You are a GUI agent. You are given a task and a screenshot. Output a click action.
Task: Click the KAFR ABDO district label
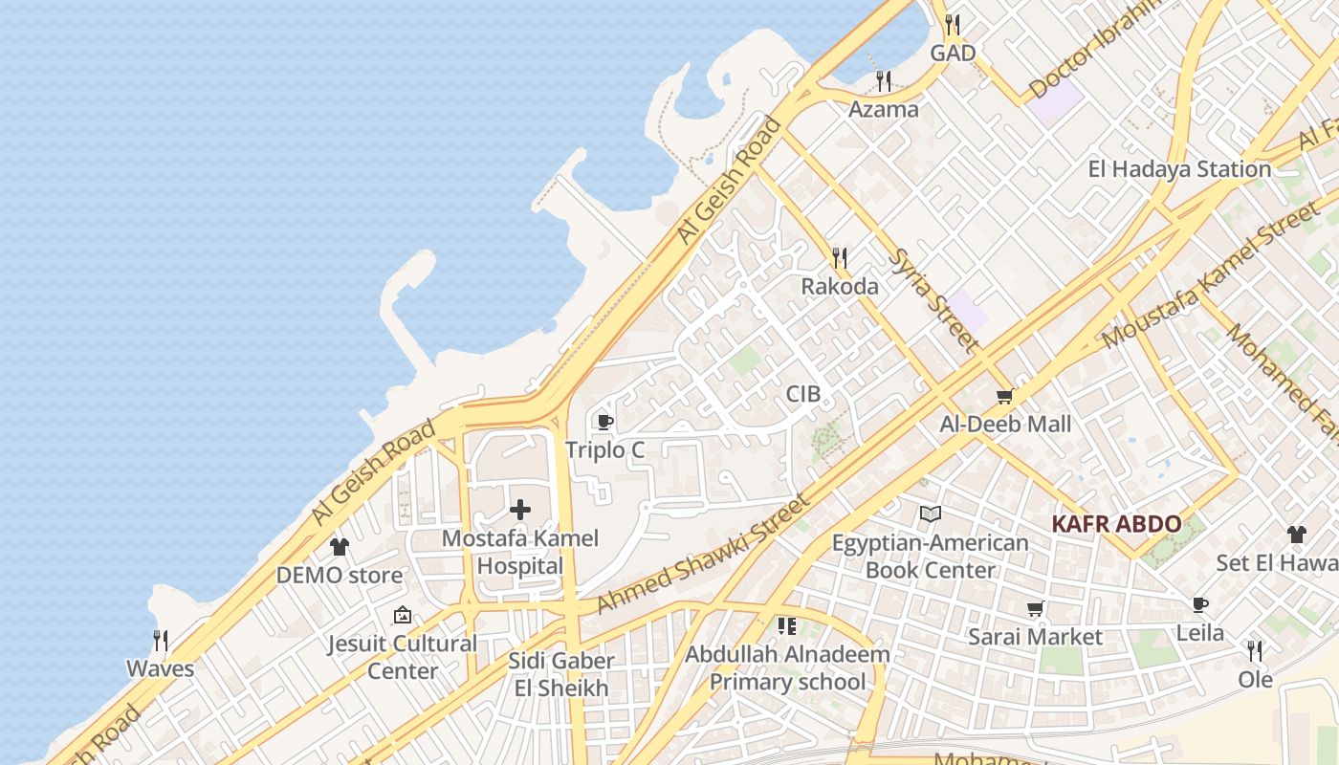point(1116,524)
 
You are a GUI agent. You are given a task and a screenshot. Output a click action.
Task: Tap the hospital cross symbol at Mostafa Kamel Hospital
point(520,510)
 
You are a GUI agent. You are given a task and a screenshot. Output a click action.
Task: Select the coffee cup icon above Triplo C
point(604,422)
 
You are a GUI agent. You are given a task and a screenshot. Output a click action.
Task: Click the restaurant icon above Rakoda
point(840,257)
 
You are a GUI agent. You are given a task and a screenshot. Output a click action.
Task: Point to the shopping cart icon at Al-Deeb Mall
point(1004,396)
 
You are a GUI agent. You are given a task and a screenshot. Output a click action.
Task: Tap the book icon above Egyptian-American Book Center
point(931,514)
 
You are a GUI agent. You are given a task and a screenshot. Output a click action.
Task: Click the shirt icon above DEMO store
point(340,547)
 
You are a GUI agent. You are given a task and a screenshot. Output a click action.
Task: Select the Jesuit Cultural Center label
point(403,657)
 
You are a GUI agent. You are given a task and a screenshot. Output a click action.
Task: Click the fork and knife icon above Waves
point(161,640)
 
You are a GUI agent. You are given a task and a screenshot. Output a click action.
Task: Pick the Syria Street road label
point(933,299)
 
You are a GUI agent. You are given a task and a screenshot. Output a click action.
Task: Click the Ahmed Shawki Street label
point(703,554)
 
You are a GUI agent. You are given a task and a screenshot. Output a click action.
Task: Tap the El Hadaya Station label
point(1179,169)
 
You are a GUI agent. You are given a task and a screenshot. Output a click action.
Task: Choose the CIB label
point(803,394)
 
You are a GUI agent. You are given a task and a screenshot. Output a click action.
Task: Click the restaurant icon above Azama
point(884,80)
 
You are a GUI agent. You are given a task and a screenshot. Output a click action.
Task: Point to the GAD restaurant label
point(953,54)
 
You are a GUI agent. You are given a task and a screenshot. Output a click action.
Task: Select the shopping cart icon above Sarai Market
point(1035,608)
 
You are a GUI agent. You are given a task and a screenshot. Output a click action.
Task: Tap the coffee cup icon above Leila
point(1200,604)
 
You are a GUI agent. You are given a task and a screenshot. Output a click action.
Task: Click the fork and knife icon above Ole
point(1255,651)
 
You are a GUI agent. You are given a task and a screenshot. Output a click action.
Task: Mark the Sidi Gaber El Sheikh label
point(561,674)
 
